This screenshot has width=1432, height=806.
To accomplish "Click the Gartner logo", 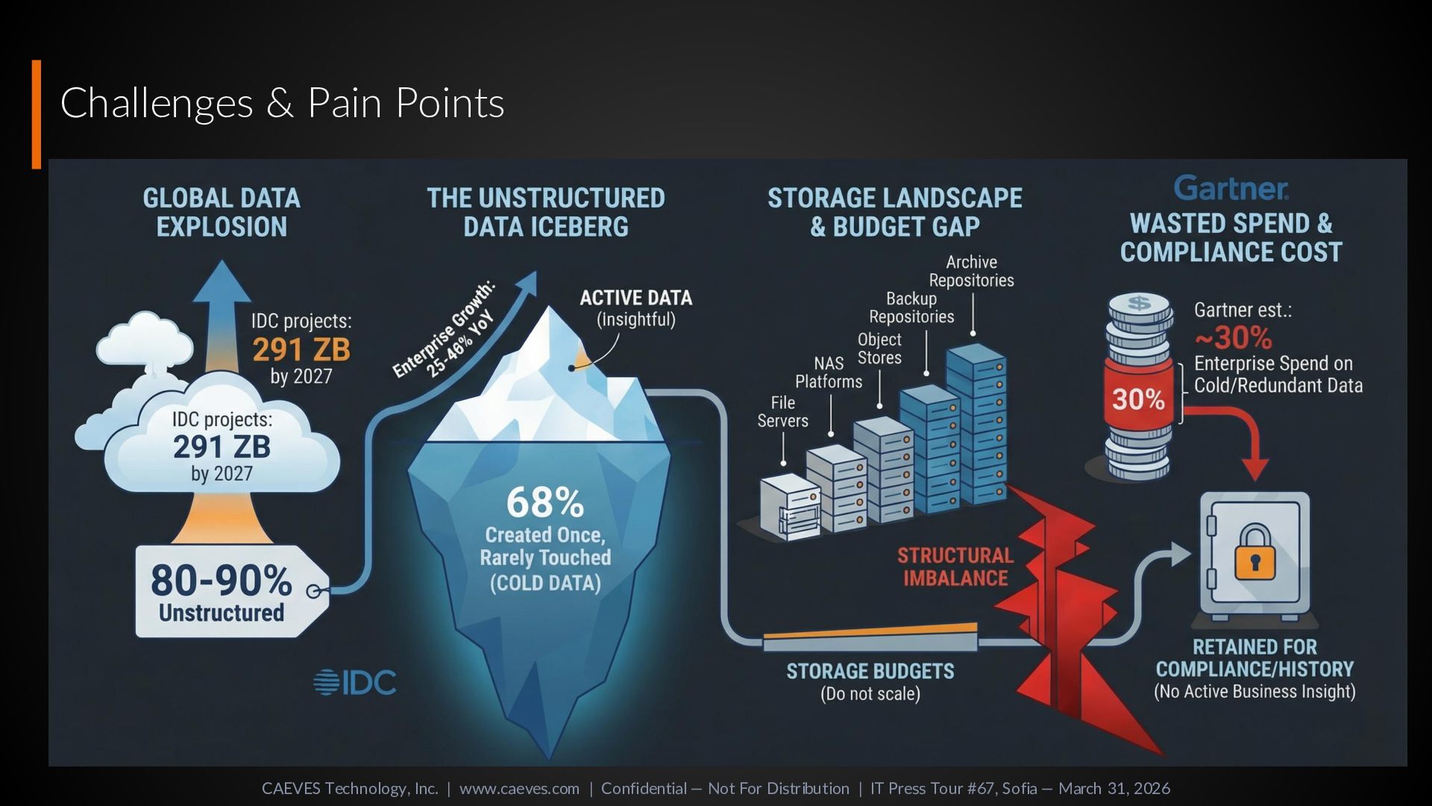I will pos(1231,188).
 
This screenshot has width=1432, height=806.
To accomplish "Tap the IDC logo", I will pos(355,682).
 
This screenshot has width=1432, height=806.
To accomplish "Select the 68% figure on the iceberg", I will pos(545,502).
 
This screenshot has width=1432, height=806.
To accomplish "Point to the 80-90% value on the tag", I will pos(222,581).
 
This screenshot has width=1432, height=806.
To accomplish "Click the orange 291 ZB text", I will pos(301,349).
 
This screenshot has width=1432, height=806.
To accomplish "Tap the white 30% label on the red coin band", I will pos(1138,399).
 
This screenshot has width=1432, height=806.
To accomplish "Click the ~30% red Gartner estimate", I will pos(1234,338).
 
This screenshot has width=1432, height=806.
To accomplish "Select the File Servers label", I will pos(782,412).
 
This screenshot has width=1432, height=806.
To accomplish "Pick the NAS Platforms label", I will pos(829,372).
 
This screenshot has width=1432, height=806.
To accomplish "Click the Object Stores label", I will pos(879,349).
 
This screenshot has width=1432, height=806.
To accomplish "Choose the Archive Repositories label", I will pos(971,271).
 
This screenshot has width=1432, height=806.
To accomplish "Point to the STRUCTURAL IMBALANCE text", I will pos(955,566).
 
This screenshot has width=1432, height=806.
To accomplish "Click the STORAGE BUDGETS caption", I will pos(870,672).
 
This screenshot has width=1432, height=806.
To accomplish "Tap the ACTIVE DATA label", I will pos(636,299).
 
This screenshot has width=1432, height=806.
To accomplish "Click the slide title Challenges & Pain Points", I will pos(282,103).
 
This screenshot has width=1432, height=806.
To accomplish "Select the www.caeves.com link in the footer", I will pos(519,788).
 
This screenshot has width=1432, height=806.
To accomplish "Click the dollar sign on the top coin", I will pos(1139,303).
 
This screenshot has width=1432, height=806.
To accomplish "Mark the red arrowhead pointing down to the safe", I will pos(1255,469).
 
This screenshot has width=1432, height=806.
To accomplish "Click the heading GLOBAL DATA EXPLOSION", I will pos(222,212).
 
